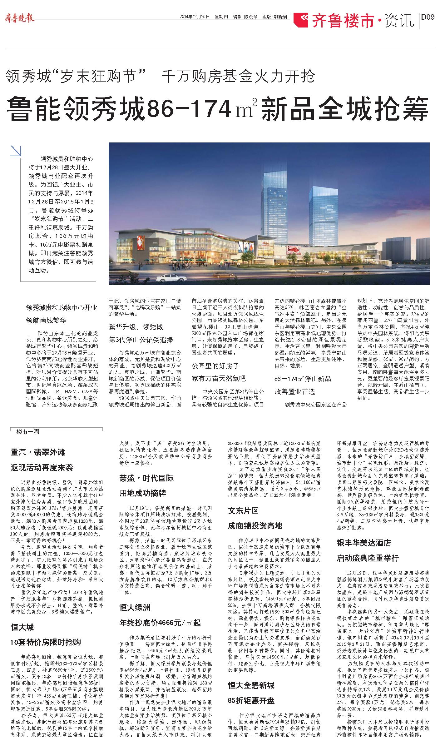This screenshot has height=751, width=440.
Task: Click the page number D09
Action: click(428, 17)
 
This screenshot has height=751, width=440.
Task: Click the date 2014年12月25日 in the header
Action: click(194, 17)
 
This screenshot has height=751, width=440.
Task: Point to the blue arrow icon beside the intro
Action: click(16, 151)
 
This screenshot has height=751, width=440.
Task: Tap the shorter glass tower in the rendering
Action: click(318, 212)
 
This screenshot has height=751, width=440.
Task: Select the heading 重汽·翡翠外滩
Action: click(38, 452)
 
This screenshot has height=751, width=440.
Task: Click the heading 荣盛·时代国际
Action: click(146, 478)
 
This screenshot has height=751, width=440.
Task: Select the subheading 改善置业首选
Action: click(295, 391)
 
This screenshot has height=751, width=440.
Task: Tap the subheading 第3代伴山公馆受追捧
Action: click(141, 340)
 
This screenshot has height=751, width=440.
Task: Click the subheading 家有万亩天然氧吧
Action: click(219, 378)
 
